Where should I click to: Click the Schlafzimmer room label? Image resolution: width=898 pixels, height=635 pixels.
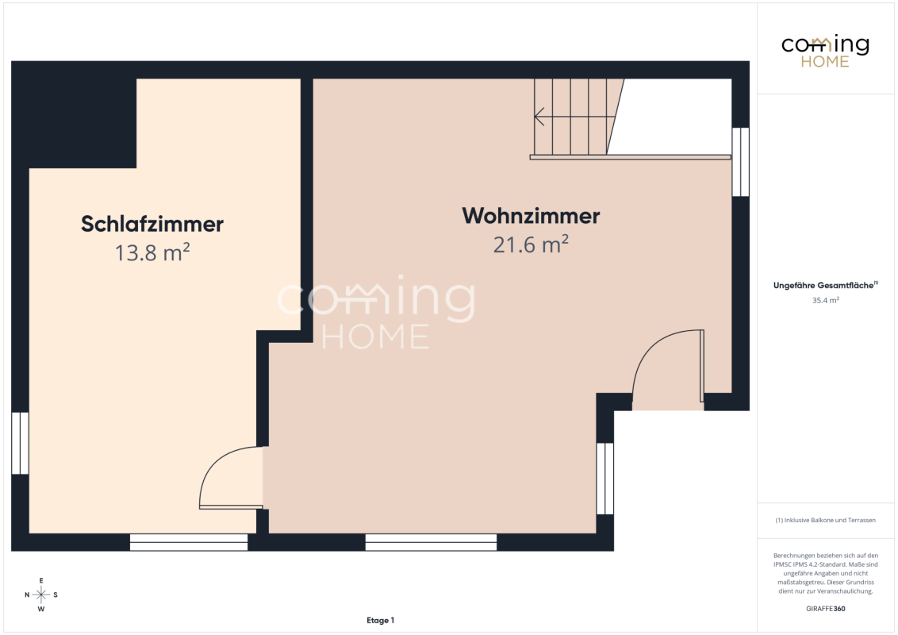pyautogui.click(x=152, y=224)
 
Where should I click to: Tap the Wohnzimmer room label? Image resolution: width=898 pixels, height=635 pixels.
pyautogui.click(x=531, y=215)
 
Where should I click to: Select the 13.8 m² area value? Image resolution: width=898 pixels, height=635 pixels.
pyautogui.click(x=152, y=252)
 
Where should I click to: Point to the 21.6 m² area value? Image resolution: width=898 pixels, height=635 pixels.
pyautogui.click(x=531, y=244)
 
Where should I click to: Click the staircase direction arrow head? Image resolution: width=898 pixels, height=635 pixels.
pyautogui.click(x=539, y=117)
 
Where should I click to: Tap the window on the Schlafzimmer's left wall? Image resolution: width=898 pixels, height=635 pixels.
pyautogui.click(x=20, y=443)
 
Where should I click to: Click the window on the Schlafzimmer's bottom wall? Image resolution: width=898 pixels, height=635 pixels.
pyautogui.click(x=189, y=542)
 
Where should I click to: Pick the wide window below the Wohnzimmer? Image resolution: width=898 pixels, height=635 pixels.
pyautogui.click(x=431, y=542)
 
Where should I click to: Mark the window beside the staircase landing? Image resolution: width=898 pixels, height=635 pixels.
pyautogui.click(x=740, y=162)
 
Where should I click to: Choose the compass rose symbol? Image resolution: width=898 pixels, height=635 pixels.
pyautogui.click(x=41, y=595)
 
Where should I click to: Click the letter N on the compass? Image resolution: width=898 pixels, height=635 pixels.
pyautogui.click(x=27, y=595)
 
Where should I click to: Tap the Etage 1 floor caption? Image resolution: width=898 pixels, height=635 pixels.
pyautogui.click(x=380, y=620)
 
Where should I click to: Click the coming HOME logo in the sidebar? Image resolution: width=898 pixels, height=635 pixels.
pyautogui.click(x=825, y=51)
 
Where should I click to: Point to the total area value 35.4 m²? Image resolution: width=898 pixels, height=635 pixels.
pyautogui.click(x=825, y=300)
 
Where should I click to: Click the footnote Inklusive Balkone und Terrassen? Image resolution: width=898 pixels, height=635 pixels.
pyautogui.click(x=825, y=521)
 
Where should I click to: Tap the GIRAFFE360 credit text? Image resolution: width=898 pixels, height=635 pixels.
pyautogui.click(x=825, y=609)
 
